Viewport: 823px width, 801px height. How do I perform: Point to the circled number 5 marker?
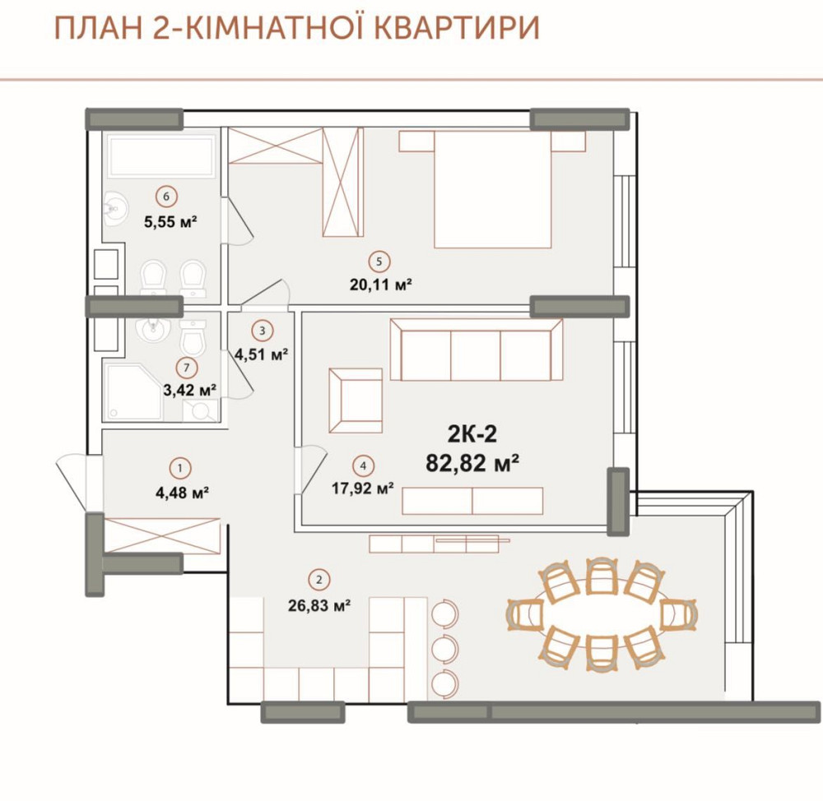point(378,262)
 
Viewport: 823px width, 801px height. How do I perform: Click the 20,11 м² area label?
point(380,285)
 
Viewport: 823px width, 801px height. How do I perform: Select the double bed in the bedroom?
point(492,189)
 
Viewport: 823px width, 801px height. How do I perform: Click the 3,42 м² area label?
point(189,389)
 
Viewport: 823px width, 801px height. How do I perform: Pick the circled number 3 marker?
point(262,331)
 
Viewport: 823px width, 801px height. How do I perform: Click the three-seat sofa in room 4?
point(475,350)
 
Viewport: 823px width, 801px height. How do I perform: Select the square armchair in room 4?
point(356,400)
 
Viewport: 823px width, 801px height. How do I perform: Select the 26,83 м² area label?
point(320,604)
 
